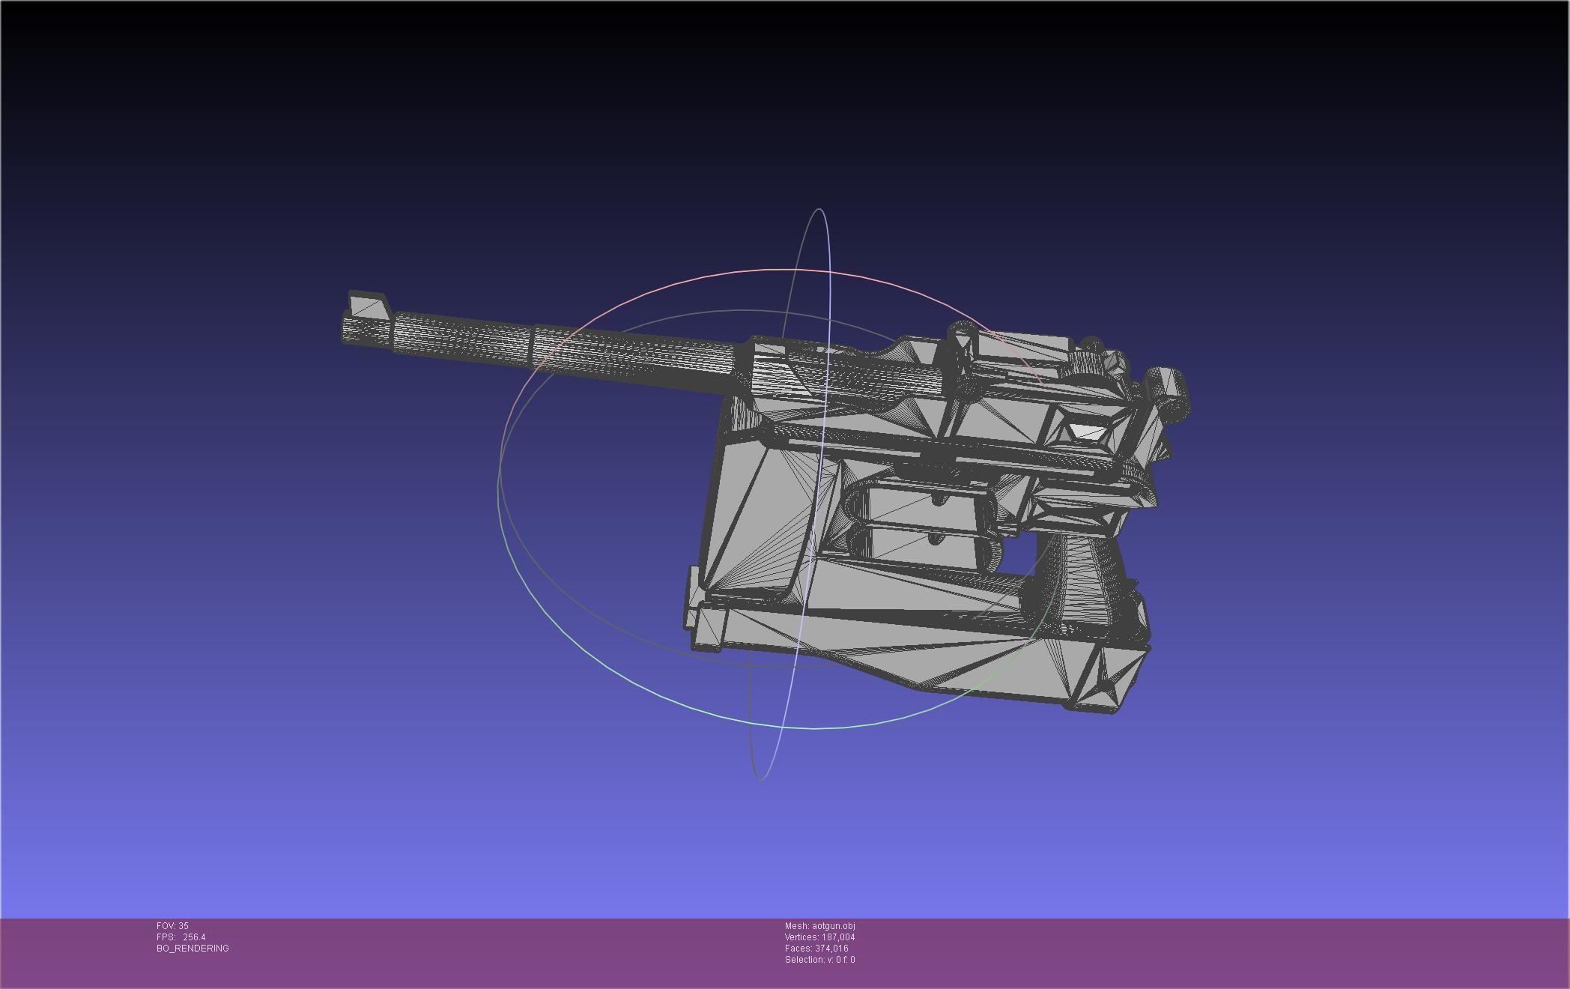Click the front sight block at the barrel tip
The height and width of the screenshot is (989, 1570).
point(368,306)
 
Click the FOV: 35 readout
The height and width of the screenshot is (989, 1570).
point(172,926)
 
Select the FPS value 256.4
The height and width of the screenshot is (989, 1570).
point(193,937)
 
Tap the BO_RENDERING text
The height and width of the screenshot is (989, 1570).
point(193,949)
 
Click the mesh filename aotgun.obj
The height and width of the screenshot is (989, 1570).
point(833,926)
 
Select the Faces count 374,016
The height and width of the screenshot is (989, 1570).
point(831,949)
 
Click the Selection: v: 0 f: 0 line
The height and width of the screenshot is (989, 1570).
point(819,960)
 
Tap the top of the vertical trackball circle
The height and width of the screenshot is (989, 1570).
point(819,210)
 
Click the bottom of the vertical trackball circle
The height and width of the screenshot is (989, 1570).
point(760,779)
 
